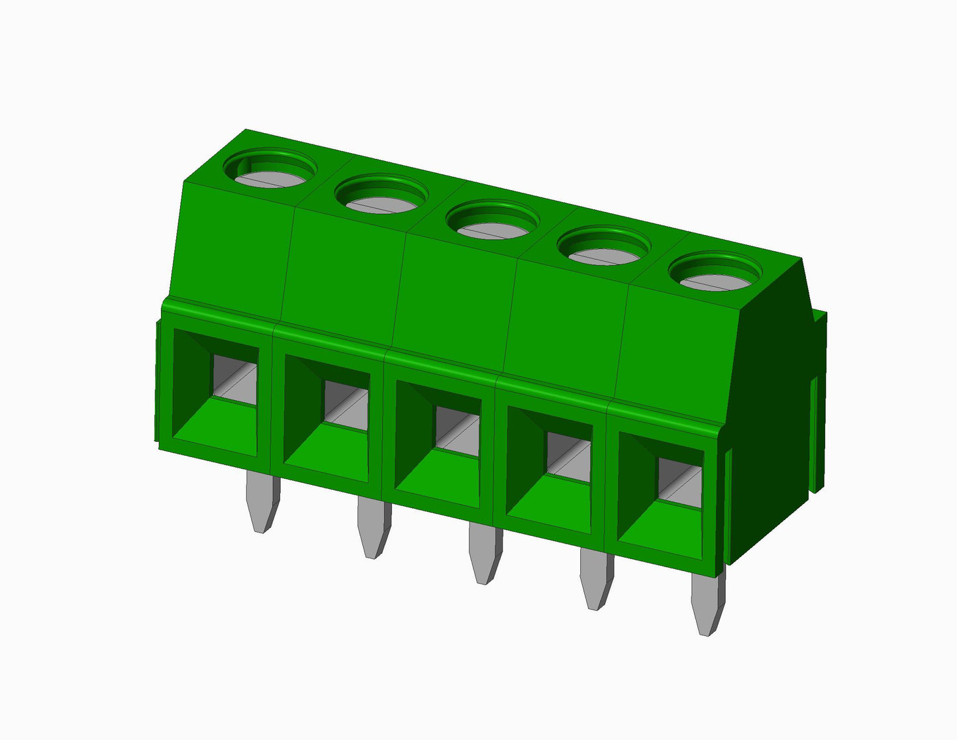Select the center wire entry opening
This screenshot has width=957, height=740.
point(438,445)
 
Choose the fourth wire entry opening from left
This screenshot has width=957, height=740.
point(549,472)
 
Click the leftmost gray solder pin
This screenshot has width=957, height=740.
point(262,502)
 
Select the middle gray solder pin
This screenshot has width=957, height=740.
point(485,553)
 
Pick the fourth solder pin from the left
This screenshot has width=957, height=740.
point(596,578)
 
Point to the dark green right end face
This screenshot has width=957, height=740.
point(768,411)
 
